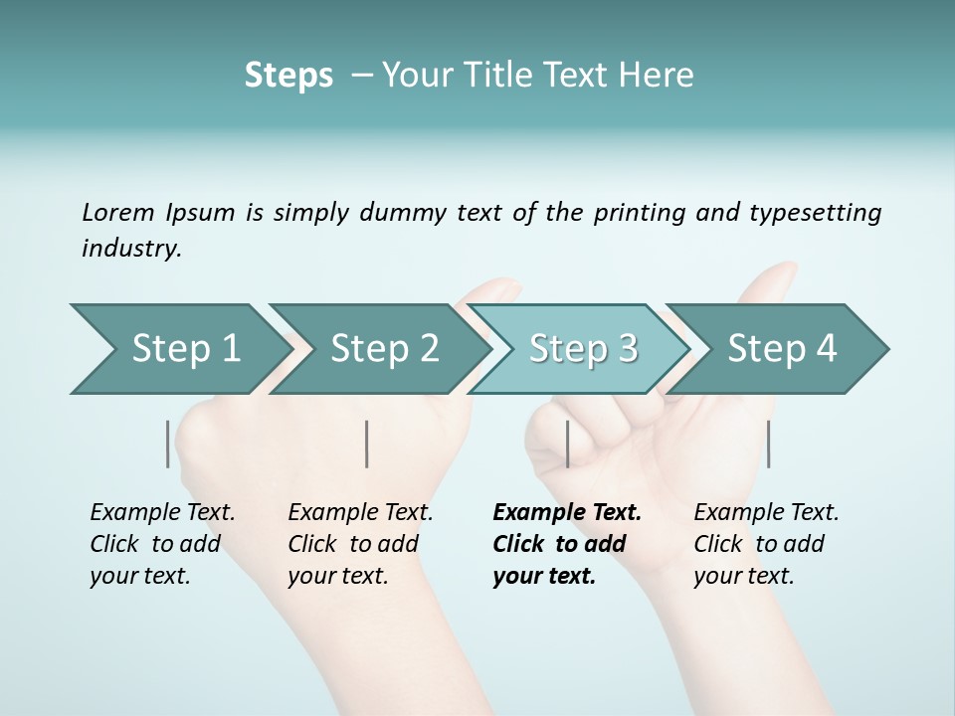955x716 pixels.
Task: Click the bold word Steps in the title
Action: tap(288, 75)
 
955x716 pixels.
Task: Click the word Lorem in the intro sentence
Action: tap(117, 212)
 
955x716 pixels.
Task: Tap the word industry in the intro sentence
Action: tap(131, 248)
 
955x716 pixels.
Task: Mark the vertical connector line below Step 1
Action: tap(168, 444)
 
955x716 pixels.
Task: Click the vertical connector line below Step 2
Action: tap(367, 444)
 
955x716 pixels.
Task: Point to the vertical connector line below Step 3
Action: tap(567, 444)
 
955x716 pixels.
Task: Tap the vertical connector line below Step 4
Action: tap(768, 444)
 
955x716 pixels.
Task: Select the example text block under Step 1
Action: tap(162, 544)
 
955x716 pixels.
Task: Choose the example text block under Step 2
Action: tap(360, 544)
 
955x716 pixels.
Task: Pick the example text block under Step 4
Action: tap(766, 544)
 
